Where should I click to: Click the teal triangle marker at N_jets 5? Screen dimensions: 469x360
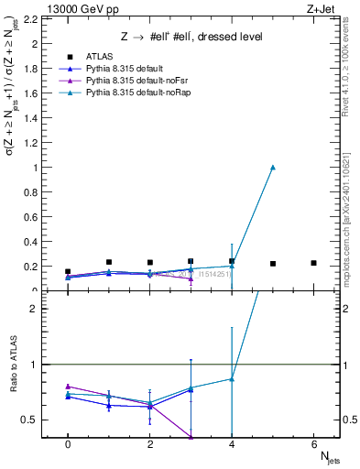click(x=273, y=167)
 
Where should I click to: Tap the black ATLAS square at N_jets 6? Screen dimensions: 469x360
click(x=314, y=263)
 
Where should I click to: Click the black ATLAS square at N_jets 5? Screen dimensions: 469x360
click(x=273, y=264)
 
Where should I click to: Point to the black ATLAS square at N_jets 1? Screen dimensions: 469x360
click(x=109, y=262)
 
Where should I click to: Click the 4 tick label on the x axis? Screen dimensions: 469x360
click(x=232, y=443)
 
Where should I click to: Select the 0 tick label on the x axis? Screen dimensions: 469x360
click(x=68, y=443)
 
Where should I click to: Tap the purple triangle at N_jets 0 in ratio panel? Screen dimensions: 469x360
click(x=68, y=387)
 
